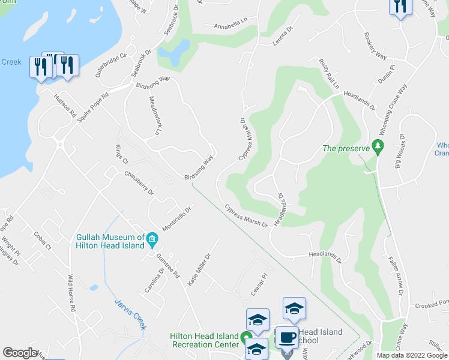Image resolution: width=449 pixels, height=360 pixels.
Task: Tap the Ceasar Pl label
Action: [259, 286]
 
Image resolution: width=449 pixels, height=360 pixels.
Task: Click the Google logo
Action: [20, 353]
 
